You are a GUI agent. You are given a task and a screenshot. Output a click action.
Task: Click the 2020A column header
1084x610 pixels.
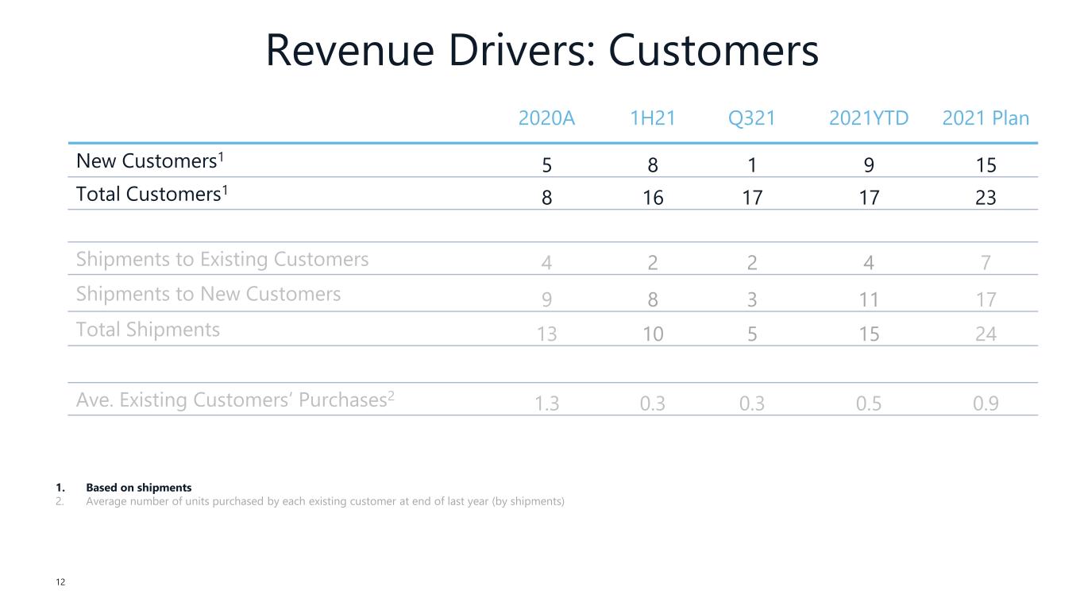click(x=546, y=119)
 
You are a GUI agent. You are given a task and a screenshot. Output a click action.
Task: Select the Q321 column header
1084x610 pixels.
click(x=751, y=119)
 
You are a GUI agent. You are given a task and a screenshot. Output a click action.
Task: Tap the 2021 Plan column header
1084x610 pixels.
click(x=986, y=119)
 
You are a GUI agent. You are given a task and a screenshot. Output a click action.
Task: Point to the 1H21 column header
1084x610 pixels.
click(x=653, y=119)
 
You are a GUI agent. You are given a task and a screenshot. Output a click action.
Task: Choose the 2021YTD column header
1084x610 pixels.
click(x=869, y=119)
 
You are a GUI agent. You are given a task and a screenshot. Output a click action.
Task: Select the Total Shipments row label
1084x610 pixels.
click(x=148, y=330)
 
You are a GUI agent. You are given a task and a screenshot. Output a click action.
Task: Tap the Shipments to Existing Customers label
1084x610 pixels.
click(x=222, y=260)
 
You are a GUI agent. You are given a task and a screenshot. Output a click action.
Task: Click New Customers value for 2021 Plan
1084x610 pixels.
click(x=986, y=165)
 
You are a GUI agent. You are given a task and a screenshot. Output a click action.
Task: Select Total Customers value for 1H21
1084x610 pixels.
click(x=653, y=198)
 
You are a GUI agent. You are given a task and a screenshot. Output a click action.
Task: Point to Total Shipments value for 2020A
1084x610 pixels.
click(x=546, y=334)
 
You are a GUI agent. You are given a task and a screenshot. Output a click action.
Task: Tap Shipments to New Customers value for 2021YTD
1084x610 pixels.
click(x=869, y=299)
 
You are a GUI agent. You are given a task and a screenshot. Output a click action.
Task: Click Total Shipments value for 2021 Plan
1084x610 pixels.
click(x=986, y=334)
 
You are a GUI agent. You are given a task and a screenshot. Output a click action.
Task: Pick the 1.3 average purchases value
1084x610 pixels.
click(x=546, y=403)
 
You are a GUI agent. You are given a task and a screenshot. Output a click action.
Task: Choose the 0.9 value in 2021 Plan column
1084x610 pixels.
click(x=986, y=403)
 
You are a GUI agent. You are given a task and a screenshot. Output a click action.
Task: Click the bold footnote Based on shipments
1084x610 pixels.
click(x=139, y=488)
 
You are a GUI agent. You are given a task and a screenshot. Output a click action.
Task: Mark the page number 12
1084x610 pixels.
click(x=60, y=583)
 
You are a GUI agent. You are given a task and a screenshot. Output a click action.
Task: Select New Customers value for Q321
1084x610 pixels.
click(x=751, y=165)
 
